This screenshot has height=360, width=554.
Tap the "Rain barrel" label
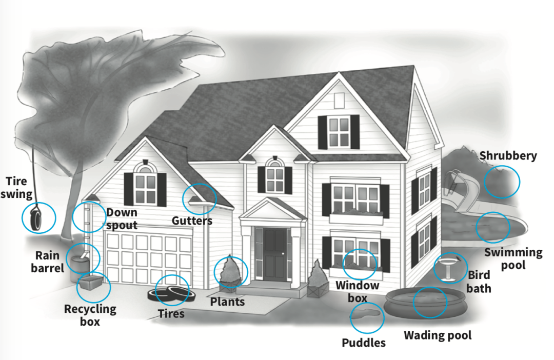[48, 262]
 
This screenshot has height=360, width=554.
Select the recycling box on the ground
[91, 283]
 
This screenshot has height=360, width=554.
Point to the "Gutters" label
[192, 221]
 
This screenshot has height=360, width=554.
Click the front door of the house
[275, 254]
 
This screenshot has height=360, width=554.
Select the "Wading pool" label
[438, 335]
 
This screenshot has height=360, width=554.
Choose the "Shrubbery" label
[508, 155]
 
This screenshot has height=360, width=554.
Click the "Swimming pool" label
[513, 258]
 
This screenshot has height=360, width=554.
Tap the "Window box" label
[357, 291]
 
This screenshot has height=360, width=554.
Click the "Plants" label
[228, 302]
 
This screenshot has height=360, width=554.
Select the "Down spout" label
[122, 218]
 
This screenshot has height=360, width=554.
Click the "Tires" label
[171, 314]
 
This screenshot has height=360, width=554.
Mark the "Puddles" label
[364, 343]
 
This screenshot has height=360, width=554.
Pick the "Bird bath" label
[479, 282]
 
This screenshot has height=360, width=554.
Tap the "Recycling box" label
[90, 315]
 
